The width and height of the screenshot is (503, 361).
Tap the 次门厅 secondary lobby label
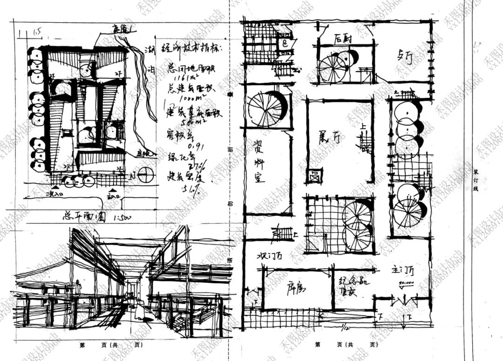[271, 257]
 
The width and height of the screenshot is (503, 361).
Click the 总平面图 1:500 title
[91, 217]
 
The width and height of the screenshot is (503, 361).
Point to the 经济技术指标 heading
[192, 48]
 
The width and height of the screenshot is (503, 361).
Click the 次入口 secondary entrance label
[53, 193]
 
